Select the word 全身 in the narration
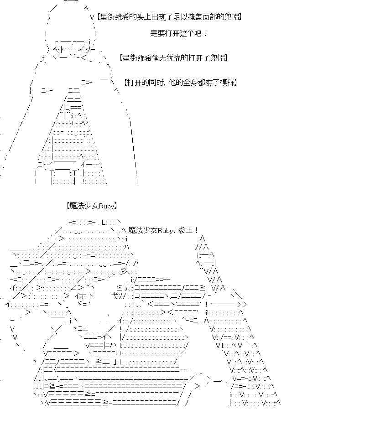[190, 82]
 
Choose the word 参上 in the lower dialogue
[185, 230]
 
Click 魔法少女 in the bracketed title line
[84, 206]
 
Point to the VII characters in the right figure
[220, 345]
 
